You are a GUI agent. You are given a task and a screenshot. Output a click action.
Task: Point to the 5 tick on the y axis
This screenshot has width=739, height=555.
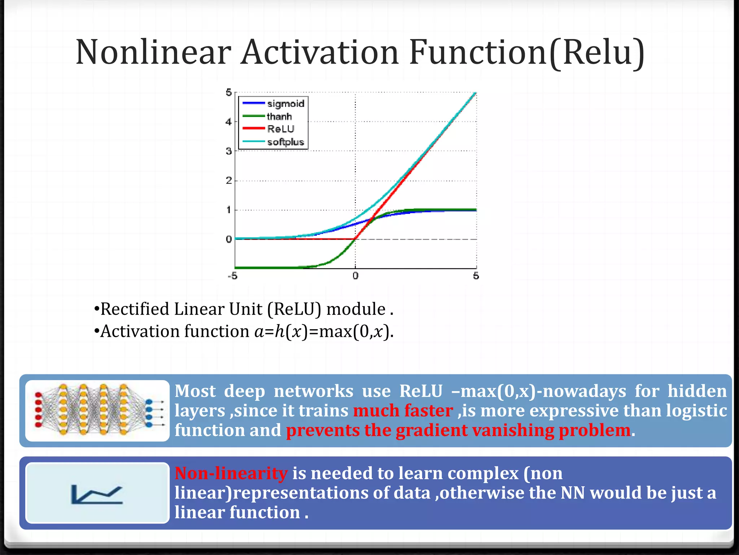[228, 92]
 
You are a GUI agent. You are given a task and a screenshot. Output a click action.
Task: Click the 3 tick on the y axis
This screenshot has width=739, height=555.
[228, 151]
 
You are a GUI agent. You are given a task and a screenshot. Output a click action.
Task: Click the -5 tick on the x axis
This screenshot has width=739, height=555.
[232, 276]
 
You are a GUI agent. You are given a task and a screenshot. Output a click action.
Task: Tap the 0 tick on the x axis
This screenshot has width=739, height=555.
[355, 276]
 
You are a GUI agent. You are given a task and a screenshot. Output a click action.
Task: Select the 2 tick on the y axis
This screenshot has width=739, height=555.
[228, 181]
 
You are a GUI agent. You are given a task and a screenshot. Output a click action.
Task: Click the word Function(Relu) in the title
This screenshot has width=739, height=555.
[527, 52]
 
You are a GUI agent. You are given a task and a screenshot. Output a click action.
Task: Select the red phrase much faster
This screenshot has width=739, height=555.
[403, 411]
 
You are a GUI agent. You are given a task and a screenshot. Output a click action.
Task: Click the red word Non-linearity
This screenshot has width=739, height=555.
[231, 473]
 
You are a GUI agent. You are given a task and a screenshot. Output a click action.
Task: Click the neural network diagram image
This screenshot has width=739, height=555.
[97, 410]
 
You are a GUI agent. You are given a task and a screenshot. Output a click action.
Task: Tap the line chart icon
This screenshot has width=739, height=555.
[97, 493]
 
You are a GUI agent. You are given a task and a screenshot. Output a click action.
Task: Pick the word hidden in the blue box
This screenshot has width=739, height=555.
[697, 391]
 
